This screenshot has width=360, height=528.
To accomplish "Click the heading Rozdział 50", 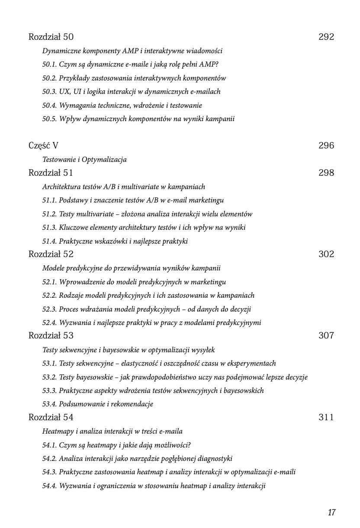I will click(x=51, y=37).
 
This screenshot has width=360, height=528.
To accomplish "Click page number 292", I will click(x=326, y=37).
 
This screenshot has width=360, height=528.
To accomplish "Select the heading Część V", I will click(x=43, y=146).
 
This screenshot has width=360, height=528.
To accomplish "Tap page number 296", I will click(x=326, y=146).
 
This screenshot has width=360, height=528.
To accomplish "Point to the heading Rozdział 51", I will click(x=51, y=173).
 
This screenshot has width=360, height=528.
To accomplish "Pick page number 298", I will click(x=326, y=173).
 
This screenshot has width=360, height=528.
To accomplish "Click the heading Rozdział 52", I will click(x=51, y=254).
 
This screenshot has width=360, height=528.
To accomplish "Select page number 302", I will click(x=326, y=254).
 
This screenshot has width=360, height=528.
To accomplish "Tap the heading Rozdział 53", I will click(x=51, y=336).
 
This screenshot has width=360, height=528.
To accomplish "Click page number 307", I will click(x=326, y=336).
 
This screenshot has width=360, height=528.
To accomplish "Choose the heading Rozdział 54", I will click(x=51, y=418).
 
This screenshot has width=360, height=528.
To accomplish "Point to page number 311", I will click(x=326, y=418).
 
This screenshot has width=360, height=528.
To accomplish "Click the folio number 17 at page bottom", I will click(x=332, y=513).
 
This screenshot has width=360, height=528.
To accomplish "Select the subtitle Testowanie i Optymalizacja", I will click(x=84, y=160).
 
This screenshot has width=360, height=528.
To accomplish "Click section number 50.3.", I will click(x=49, y=92).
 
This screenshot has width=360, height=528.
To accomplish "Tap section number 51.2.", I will click(x=49, y=214).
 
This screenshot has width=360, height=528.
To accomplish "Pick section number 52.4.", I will click(x=49, y=323).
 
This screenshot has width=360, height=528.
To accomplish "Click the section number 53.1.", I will click(x=49, y=364).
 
